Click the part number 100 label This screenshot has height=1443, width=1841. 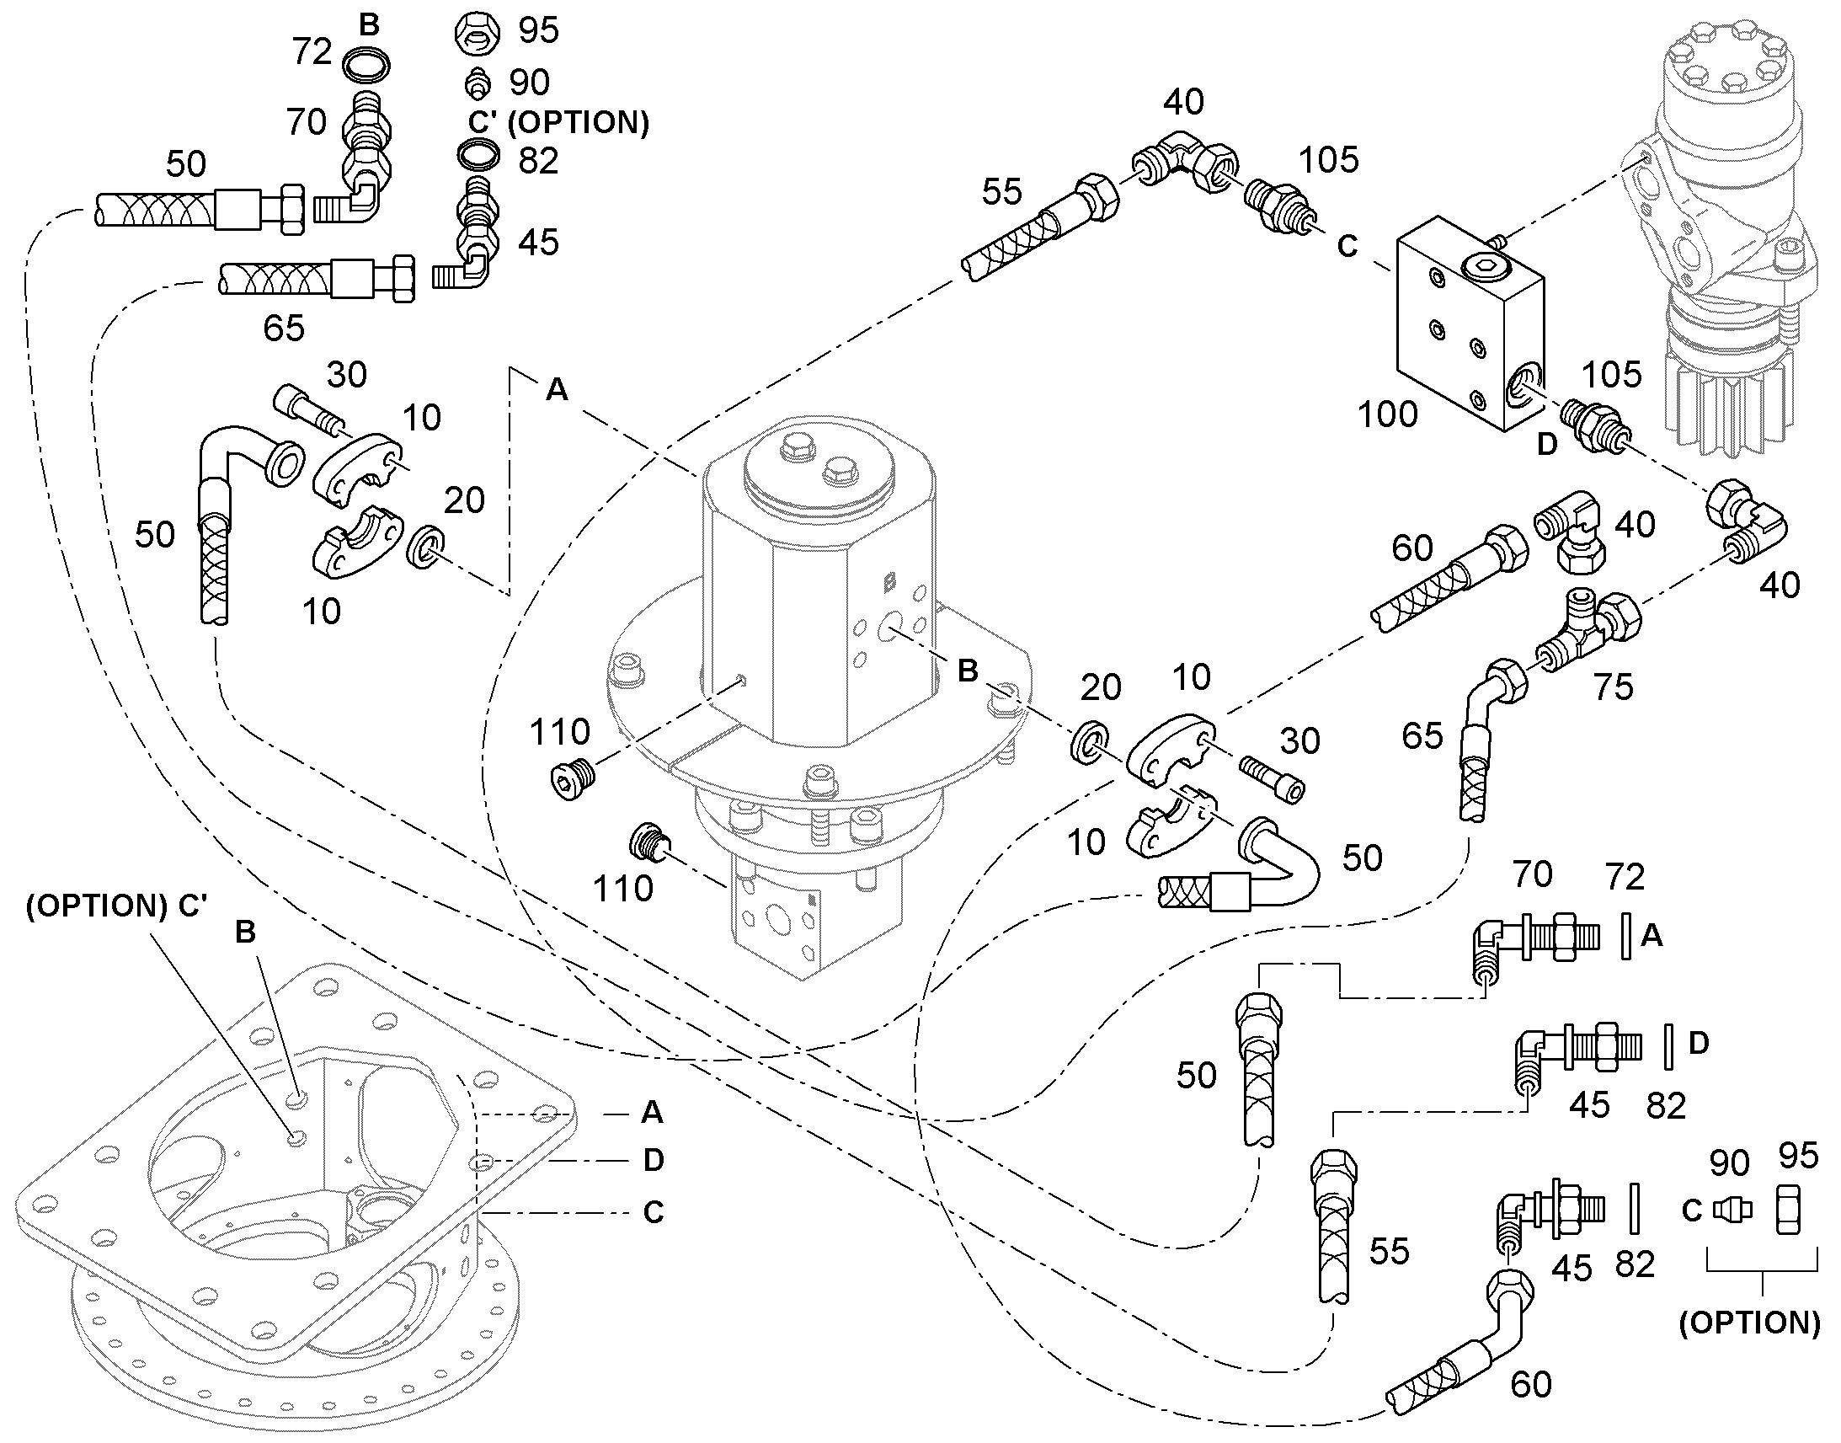coord(1388,414)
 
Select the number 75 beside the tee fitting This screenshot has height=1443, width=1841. coord(1613,687)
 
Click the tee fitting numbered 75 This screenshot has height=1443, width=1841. coord(1588,629)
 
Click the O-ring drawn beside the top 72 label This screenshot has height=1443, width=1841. coord(366,63)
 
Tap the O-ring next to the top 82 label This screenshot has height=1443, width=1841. coord(478,156)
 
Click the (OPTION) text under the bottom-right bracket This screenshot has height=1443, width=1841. coord(1749,1323)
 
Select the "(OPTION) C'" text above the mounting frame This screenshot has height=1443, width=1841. coord(116,906)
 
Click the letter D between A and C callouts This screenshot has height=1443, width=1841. coord(654,1160)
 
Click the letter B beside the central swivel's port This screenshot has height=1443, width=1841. coord(968,671)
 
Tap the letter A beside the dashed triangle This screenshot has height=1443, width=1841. coord(558,389)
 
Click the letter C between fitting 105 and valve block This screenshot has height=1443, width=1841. coord(1347,246)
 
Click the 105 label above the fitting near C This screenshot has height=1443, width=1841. coord(1328,160)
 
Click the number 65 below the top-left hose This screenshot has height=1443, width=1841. coord(284,328)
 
